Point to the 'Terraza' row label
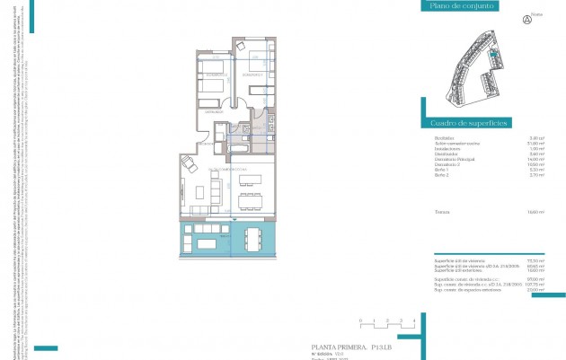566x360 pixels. [x=442, y=212]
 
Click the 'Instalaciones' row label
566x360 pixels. [x=447, y=148]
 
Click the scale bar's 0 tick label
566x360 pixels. [x=359, y=320]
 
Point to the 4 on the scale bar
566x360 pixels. [x=412, y=320]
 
